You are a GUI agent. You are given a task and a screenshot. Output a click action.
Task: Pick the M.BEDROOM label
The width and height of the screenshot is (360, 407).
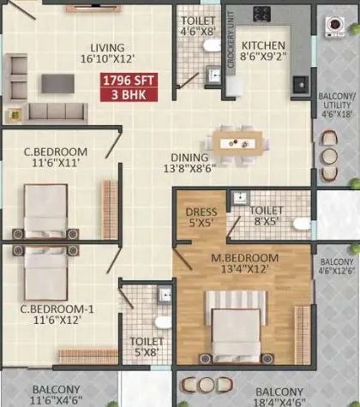coord(245,263)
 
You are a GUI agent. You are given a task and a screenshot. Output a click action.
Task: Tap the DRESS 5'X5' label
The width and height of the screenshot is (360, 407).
coord(201,217)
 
